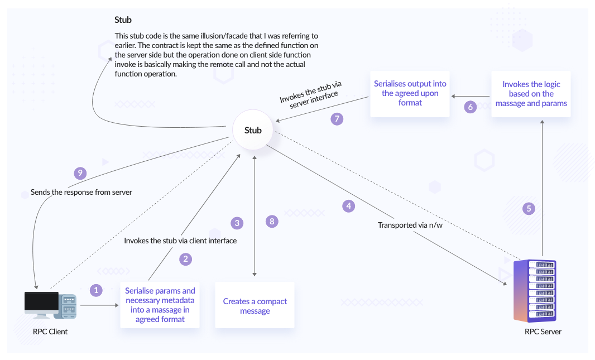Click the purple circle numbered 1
(x=97, y=290)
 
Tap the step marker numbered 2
(x=186, y=259)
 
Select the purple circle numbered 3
(x=237, y=223)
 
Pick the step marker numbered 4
(x=348, y=206)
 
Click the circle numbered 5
(x=529, y=209)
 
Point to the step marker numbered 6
(x=471, y=107)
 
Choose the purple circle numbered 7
(x=337, y=118)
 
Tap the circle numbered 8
(x=272, y=222)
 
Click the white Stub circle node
(x=253, y=131)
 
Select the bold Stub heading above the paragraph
(x=123, y=20)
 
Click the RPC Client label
(x=50, y=332)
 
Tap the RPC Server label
(x=543, y=332)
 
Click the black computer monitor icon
(x=41, y=303)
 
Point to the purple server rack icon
(x=535, y=291)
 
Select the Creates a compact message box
(x=255, y=306)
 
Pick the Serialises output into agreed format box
(x=410, y=94)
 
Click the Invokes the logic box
(x=531, y=94)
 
